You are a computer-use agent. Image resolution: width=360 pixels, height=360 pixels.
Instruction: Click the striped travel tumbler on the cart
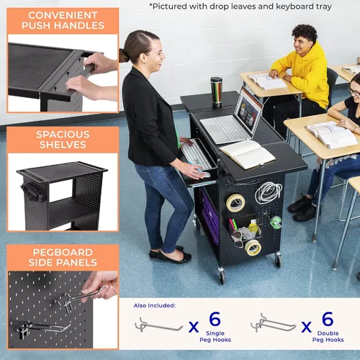click(217, 90)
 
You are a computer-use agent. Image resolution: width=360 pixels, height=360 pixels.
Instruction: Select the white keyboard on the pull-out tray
click(196, 154)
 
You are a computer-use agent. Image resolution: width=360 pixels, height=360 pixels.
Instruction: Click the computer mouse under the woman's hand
click(204, 174)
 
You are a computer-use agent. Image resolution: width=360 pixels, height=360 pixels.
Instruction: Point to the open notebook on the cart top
click(248, 154)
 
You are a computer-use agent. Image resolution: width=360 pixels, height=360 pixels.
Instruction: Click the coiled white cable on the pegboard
click(269, 193)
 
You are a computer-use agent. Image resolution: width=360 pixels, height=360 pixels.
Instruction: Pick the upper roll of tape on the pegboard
click(235, 203)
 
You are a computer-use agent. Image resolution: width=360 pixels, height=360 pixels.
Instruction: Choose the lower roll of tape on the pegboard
click(253, 248)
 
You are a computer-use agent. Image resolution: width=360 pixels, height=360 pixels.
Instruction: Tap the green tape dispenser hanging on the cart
click(275, 222)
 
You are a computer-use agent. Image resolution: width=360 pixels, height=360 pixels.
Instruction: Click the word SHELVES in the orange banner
click(63, 145)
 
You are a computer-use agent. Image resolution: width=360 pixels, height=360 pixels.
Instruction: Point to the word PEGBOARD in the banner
click(63, 253)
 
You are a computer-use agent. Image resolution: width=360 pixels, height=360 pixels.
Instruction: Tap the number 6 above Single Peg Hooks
click(215, 319)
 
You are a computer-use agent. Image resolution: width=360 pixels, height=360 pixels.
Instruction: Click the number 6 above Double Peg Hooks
click(328, 319)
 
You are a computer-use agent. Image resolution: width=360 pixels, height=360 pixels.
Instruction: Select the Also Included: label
click(155, 305)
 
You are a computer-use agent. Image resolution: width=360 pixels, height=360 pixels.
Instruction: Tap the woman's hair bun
click(123, 55)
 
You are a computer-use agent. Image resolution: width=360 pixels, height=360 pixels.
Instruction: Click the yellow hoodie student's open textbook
click(266, 81)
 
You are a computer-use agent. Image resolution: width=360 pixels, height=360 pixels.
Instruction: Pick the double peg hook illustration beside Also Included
click(273, 323)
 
